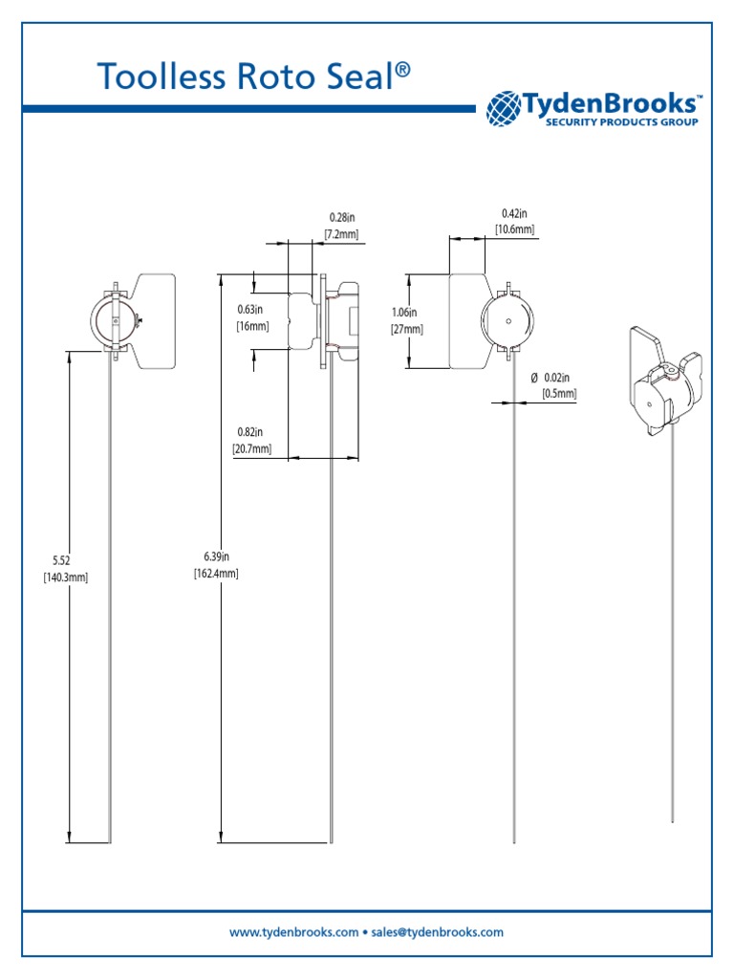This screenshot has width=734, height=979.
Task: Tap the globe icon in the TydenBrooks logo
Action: point(504,108)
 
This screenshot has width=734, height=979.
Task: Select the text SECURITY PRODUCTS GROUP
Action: point(621,122)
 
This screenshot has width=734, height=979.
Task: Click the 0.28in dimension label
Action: point(341,219)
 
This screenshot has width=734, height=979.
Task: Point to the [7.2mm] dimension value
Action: point(341,234)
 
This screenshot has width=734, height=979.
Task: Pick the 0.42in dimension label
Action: point(514,213)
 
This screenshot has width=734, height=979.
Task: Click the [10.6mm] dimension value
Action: point(514,228)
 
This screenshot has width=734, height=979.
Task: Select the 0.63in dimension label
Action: point(250,309)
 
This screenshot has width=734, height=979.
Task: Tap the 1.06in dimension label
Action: point(405,312)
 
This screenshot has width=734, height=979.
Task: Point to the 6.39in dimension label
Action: point(217,556)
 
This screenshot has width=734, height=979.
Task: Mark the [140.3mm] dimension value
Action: point(65,577)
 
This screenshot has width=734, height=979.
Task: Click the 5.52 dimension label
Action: point(62,560)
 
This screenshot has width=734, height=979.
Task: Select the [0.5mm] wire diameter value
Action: point(559,394)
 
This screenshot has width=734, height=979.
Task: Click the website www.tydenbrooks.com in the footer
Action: point(294,931)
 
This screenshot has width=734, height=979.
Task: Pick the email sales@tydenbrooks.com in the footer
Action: point(440,931)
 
